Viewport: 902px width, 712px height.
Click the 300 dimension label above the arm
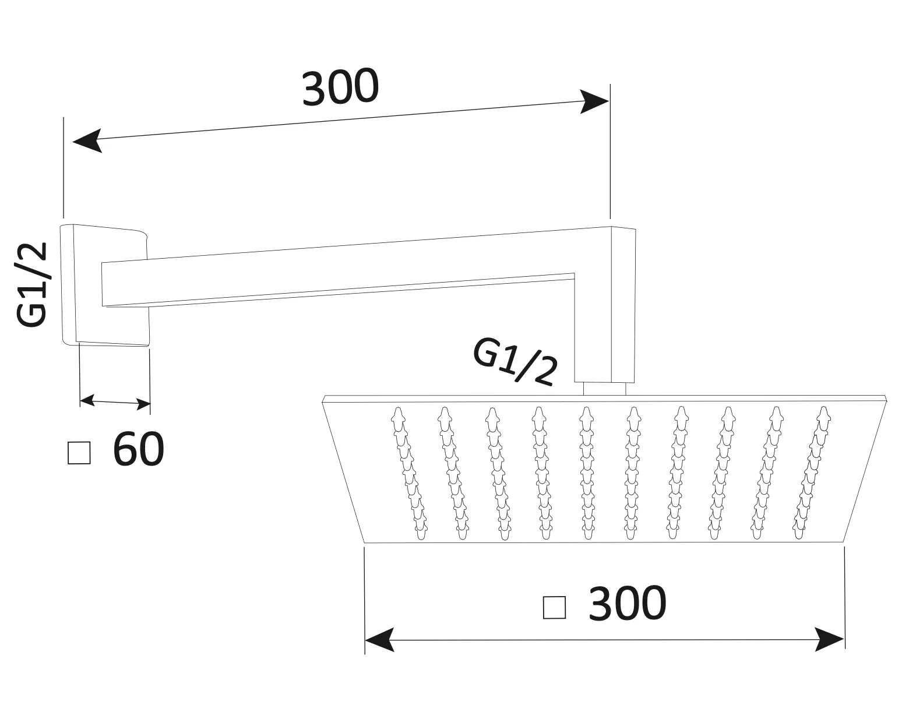(x=340, y=87)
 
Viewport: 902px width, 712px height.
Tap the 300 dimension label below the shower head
(x=628, y=603)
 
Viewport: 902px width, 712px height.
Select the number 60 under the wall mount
(x=138, y=449)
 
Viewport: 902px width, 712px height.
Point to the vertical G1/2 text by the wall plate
(x=32, y=284)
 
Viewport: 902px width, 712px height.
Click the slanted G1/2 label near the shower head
(x=515, y=362)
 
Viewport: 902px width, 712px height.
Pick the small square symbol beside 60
(x=79, y=453)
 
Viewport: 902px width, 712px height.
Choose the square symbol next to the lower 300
(x=554, y=607)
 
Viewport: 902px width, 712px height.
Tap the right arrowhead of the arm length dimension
(x=594, y=101)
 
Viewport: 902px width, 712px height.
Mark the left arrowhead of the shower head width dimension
(x=379, y=640)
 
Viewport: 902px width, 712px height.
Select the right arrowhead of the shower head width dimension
(x=830, y=640)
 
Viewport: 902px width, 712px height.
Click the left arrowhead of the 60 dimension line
(x=87, y=400)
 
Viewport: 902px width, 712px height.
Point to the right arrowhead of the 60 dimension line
(x=144, y=404)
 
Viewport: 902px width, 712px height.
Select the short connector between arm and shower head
(x=604, y=389)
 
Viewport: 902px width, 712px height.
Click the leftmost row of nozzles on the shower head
(x=409, y=473)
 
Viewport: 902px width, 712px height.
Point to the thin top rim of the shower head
(x=604, y=399)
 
